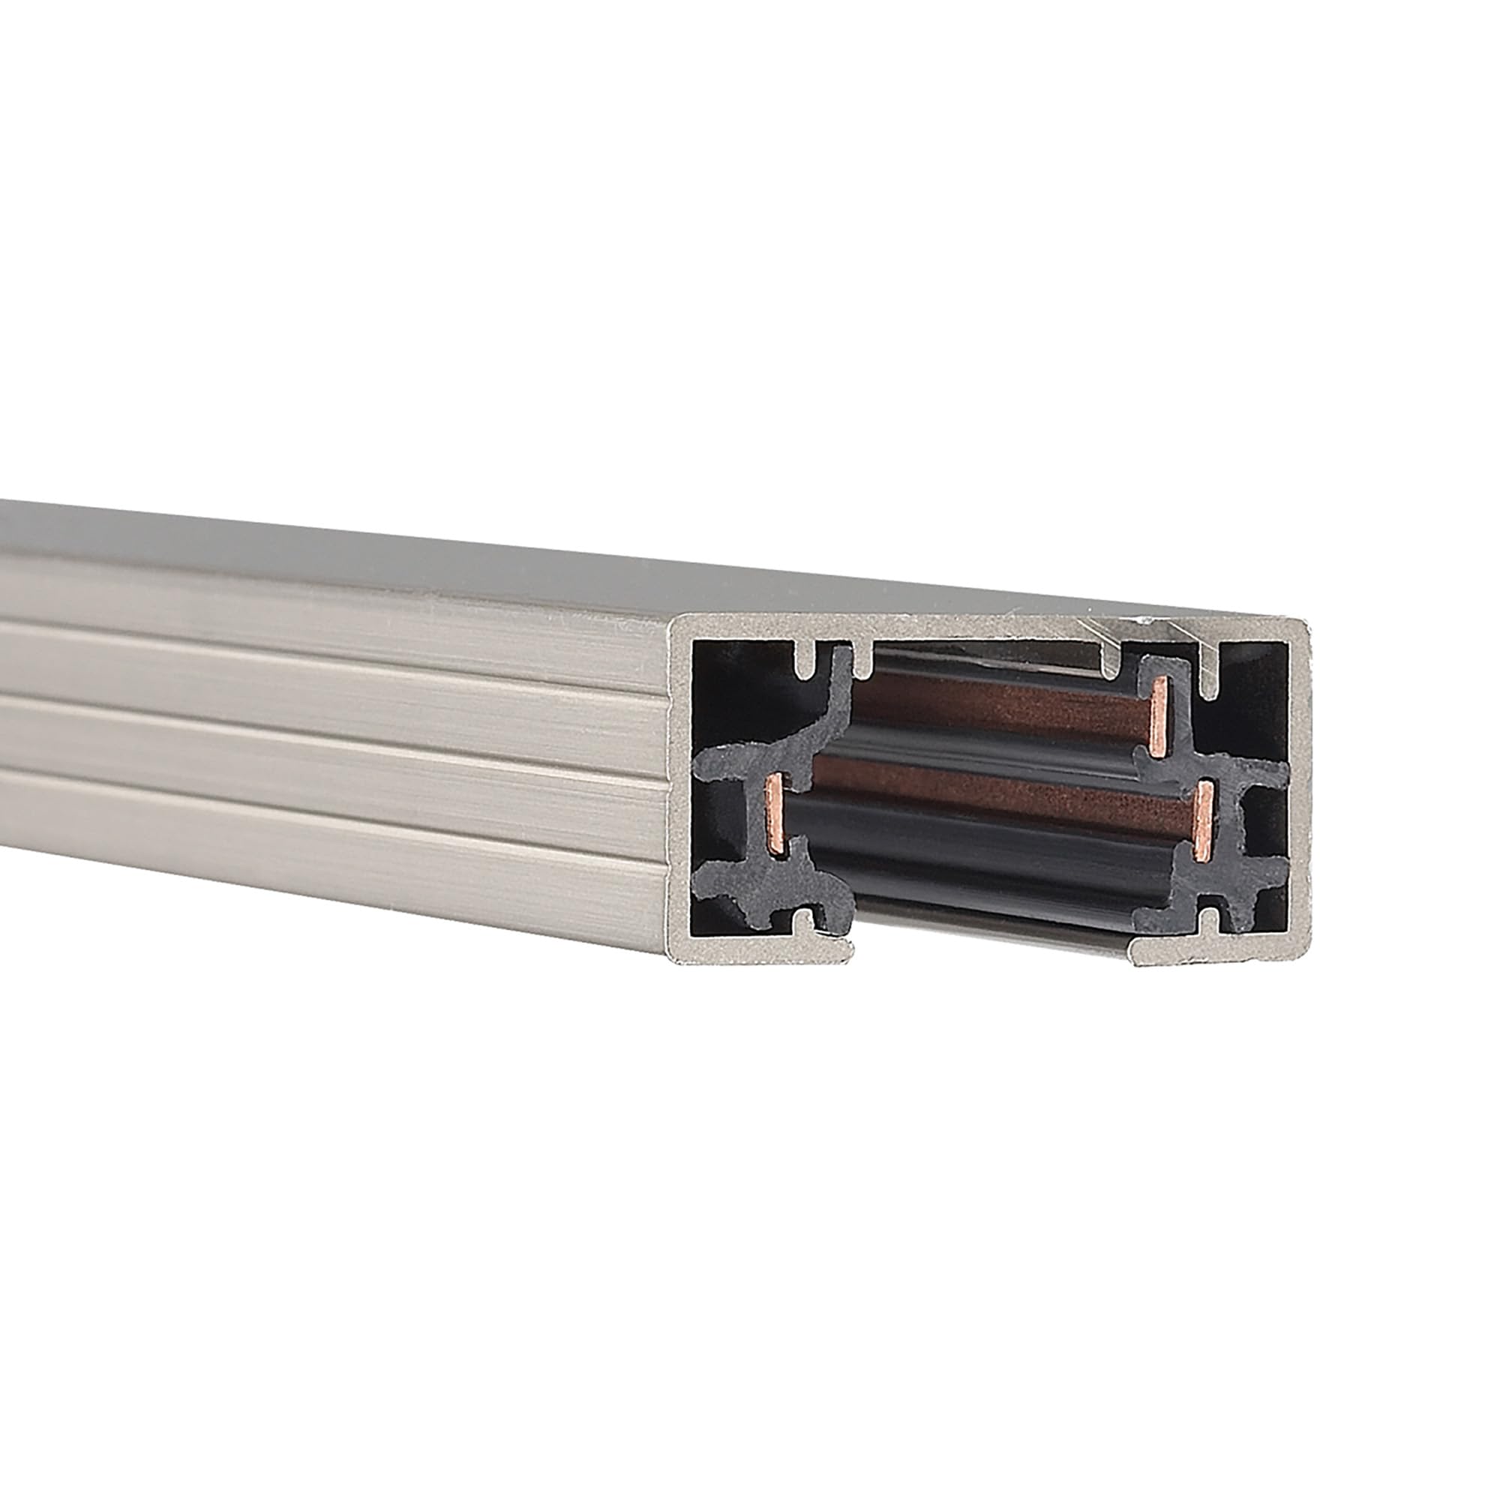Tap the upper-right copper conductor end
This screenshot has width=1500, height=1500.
[1160, 708]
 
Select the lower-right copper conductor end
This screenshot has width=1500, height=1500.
[1204, 820]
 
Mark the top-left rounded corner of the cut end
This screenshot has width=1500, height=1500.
[679, 622]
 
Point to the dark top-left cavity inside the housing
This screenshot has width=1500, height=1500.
[737, 691]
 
